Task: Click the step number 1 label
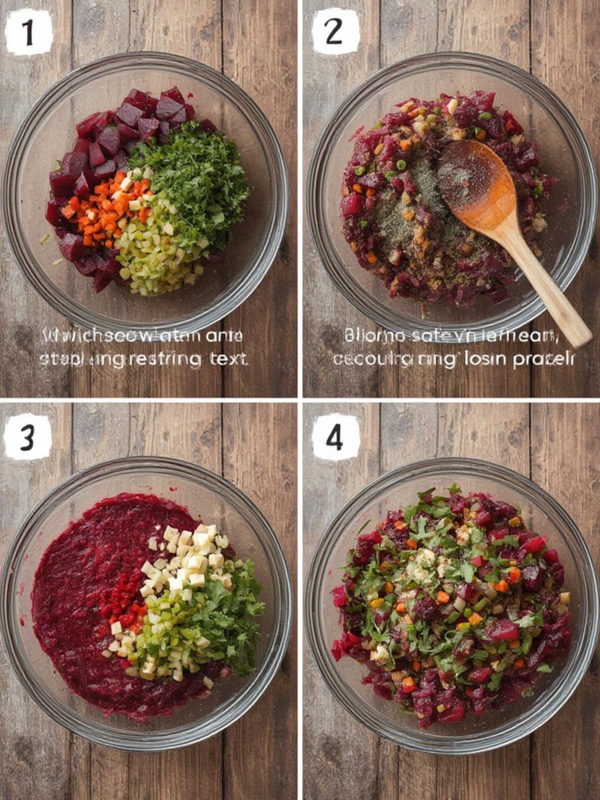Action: pos(28,33)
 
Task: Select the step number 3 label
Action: pos(28,437)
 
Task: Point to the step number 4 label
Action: pos(335,437)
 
